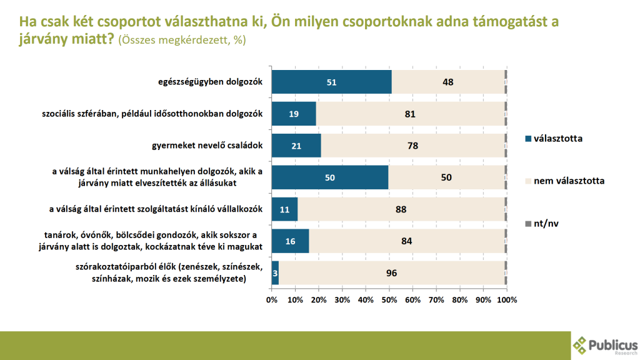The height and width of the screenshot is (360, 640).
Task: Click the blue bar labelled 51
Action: pos(331,82)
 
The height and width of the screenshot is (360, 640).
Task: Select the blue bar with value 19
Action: pos(294,114)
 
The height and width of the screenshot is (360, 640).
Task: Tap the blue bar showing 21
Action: pos(296,146)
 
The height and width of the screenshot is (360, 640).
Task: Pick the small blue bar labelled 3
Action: pos(275,273)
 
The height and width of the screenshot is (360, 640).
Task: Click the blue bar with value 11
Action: pos(284,209)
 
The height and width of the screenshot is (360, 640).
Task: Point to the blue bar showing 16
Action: pos(291,241)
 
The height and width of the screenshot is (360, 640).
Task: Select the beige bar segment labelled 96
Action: pos(391,273)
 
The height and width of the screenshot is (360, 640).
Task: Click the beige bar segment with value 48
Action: pos(447,82)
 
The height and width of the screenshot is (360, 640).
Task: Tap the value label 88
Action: pos(401,209)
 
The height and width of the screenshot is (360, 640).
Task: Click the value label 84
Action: pos(406,241)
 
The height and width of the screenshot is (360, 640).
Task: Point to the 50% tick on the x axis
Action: pos(389,300)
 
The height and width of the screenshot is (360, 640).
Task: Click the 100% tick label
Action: pos(507,300)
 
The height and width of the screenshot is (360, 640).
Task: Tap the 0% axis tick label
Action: pos(272,300)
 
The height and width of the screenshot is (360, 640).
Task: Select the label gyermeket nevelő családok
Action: pos(207,146)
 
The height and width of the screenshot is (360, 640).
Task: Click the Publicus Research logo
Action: pos(604,344)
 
